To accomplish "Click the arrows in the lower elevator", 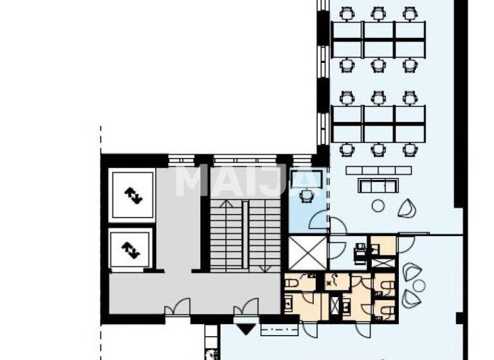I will point(131,248).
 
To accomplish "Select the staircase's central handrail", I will point(244,235).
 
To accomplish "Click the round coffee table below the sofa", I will point(378,206).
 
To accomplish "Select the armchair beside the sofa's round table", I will point(407,208).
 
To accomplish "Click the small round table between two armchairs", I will point(419,285).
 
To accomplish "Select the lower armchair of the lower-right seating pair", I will point(410,298).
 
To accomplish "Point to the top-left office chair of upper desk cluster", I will point(347,13).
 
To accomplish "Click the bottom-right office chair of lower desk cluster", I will point(410,149).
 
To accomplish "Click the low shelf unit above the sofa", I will point(378,170).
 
